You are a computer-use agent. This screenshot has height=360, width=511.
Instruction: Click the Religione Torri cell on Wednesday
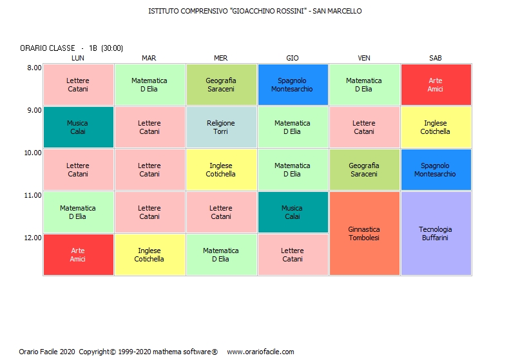[221, 127]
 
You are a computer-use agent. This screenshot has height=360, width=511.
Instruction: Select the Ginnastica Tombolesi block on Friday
[364, 233]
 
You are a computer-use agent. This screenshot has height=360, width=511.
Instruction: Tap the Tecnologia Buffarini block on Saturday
[436, 233]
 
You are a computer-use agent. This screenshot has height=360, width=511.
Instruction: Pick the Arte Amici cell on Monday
[78, 254]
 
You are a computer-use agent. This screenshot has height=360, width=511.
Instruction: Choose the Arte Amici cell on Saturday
[436, 84]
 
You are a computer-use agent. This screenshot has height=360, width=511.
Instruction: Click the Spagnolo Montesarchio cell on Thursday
[293, 84]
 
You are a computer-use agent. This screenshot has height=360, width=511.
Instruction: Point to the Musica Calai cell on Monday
[78, 127]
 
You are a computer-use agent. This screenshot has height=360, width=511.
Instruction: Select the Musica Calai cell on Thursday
[293, 212]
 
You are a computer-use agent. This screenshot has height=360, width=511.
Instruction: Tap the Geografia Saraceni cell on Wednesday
[221, 84]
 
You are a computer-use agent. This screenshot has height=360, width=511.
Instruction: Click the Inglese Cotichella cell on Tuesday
[149, 254]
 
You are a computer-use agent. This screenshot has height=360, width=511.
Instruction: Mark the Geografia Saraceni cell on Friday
[364, 169]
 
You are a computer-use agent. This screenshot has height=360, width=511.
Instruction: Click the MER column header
[221, 58]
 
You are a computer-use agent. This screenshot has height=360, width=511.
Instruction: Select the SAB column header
[436, 58]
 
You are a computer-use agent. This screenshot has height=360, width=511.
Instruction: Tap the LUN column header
[78, 58]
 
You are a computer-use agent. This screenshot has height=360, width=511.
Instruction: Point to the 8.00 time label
[34, 68]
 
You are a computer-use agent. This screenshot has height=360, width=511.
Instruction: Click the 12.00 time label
[33, 238]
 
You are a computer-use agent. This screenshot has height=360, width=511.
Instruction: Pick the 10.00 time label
[33, 153]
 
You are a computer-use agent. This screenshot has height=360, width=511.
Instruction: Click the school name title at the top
[255, 11]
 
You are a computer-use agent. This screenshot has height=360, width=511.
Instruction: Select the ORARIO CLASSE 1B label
[72, 48]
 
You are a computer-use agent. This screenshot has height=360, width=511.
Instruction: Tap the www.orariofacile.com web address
[260, 352]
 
